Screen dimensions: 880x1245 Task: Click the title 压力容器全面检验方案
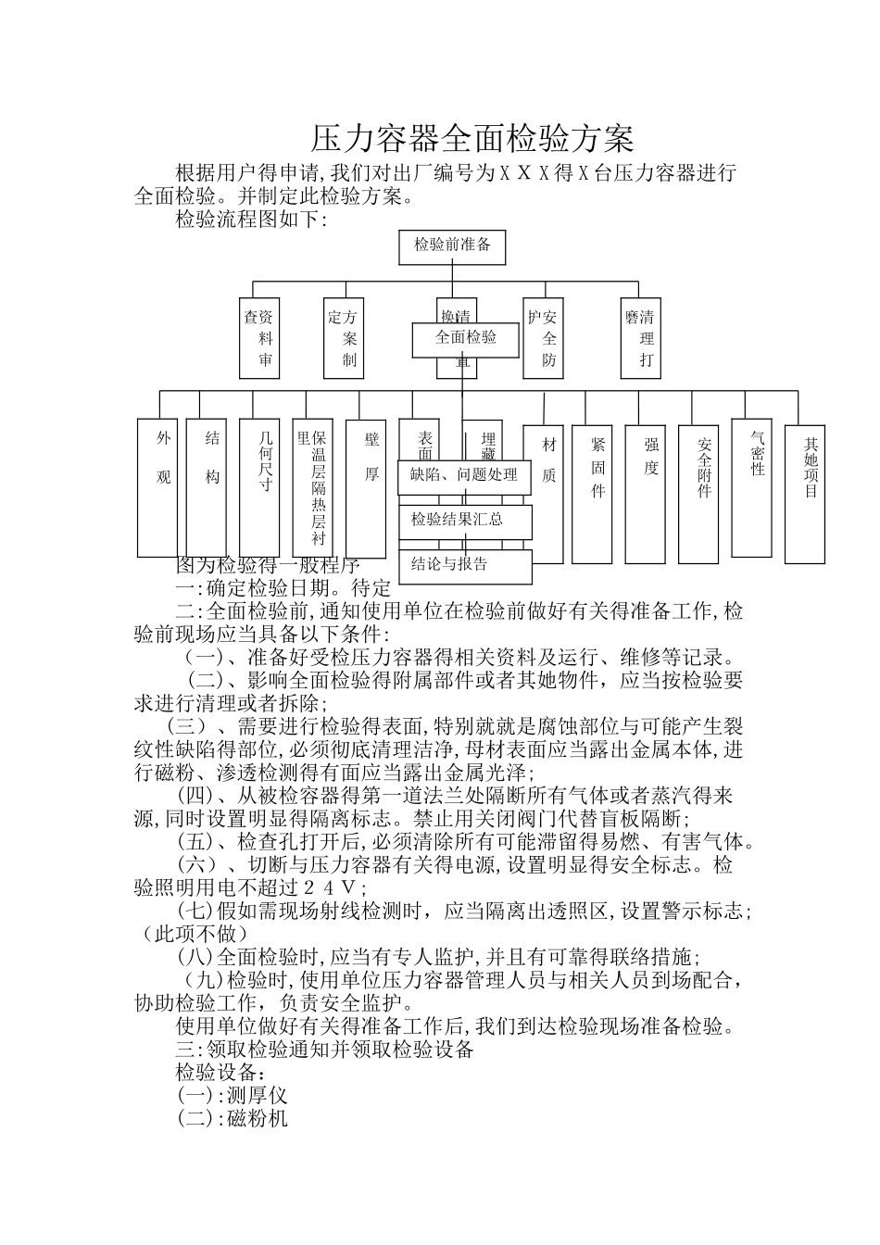[471, 139]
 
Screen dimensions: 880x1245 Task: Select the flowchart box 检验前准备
[452, 246]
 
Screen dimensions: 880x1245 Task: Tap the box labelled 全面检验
[466, 339]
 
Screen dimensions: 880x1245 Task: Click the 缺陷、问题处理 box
[464, 476]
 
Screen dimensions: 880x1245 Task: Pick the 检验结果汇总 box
[465, 521]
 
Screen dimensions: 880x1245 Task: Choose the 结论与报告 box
[465, 565]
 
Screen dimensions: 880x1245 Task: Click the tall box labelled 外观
[163, 486]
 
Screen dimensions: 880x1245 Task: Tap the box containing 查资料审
[259, 337]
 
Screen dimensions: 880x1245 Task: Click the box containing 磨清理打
[641, 337]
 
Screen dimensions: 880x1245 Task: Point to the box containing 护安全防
[543, 337]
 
